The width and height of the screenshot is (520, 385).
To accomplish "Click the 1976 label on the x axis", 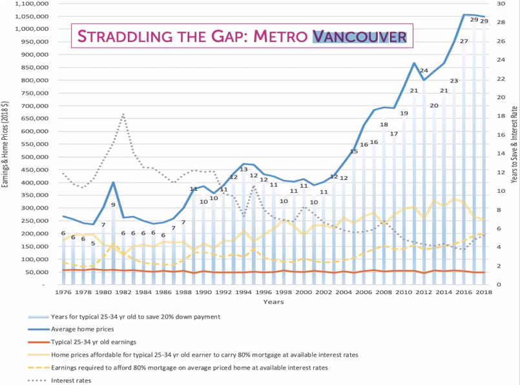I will tap(63, 293).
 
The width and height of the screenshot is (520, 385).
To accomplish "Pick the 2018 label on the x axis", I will tap(484, 293).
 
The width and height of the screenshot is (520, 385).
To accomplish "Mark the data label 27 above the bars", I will tap(464, 41).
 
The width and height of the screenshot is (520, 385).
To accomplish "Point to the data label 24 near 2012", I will tap(424, 70).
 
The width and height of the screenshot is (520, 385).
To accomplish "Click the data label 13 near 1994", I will tap(244, 170).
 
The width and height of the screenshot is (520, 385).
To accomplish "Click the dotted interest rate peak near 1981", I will tap(123, 114).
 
